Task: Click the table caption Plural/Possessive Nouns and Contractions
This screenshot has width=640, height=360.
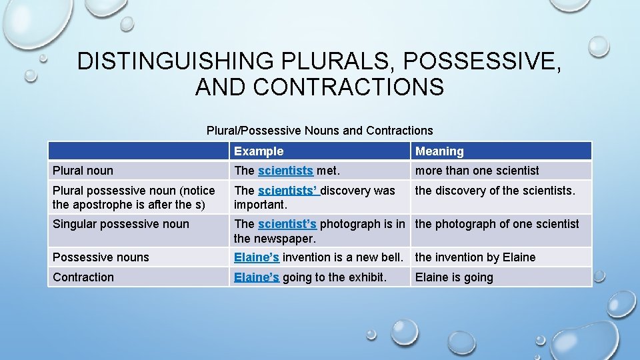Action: click(x=319, y=131)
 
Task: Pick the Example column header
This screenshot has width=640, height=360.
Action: click(x=259, y=151)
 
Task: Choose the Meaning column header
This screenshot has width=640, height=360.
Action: click(x=439, y=151)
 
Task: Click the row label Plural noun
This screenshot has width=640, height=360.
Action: click(x=83, y=171)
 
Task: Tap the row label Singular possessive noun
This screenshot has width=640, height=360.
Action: click(x=121, y=224)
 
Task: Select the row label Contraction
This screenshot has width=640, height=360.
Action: click(x=83, y=277)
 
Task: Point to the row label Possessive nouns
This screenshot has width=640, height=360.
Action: click(x=101, y=257)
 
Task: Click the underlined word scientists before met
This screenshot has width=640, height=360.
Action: click(x=285, y=171)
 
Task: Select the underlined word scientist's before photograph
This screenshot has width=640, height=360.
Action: click(x=287, y=224)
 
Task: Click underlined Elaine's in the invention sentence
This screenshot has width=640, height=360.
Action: click(x=257, y=257)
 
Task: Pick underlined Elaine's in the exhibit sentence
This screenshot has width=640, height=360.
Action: click(x=257, y=277)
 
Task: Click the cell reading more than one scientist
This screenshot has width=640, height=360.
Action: click(x=477, y=171)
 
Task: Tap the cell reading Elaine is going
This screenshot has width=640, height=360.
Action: click(x=454, y=277)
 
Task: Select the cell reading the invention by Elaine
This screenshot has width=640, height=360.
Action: click(x=475, y=257)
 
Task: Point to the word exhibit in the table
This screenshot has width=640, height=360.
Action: click(x=365, y=277)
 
